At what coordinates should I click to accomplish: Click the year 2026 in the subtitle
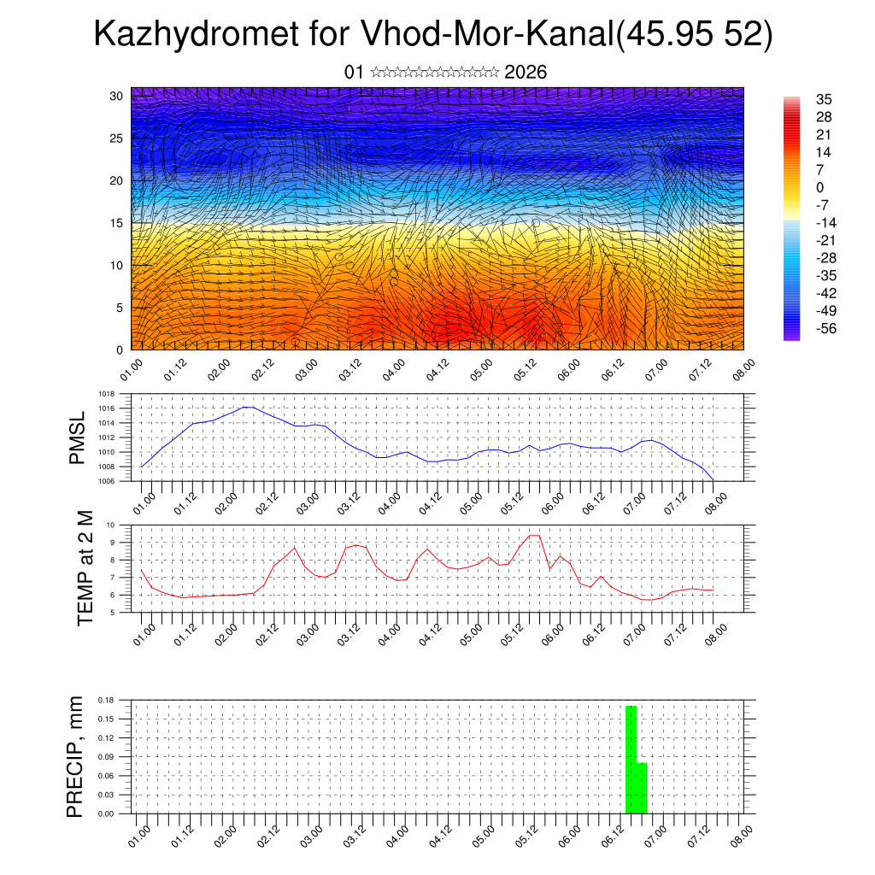click(x=526, y=72)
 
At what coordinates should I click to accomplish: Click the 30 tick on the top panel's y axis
click(x=116, y=96)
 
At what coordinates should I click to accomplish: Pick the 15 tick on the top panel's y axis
click(x=116, y=223)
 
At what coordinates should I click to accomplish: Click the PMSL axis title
click(x=78, y=437)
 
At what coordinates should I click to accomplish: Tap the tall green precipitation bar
click(x=631, y=759)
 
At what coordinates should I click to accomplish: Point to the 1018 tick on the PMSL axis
click(x=107, y=394)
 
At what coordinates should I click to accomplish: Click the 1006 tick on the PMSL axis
click(x=107, y=481)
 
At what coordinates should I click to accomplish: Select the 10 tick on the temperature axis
click(x=111, y=525)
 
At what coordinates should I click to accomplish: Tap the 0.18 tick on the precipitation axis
click(x=106, y=699)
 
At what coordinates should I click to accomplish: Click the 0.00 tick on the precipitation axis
click(x=106, y=814)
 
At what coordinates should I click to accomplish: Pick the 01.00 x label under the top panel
click(x=131, y=371)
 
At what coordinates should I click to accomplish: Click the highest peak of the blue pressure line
click(x=247, y=407)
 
